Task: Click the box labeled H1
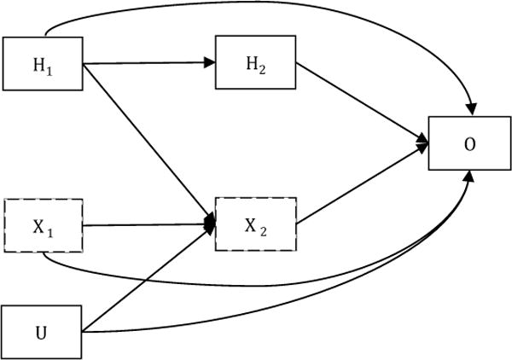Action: (43, 61)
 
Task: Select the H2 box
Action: (254, 61)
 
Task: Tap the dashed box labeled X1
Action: (43, 225)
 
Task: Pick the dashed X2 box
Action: (254, 225)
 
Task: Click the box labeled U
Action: (43, 332)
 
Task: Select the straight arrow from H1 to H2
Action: (145, 61)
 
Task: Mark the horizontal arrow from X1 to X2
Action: (145, 225)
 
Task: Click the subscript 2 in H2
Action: (261, 66)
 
